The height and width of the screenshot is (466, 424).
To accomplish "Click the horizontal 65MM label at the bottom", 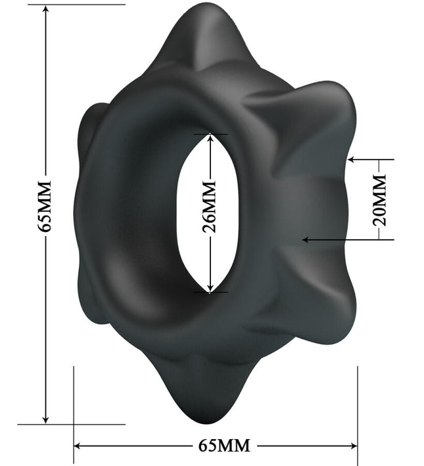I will coord(224,446).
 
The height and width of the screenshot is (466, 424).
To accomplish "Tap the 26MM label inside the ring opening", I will coord(210,214).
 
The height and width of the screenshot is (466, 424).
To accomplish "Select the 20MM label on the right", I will coord(380,200).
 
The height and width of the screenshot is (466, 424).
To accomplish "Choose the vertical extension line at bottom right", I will coord(358,408).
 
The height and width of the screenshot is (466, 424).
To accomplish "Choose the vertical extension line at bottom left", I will coord(74,408).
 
